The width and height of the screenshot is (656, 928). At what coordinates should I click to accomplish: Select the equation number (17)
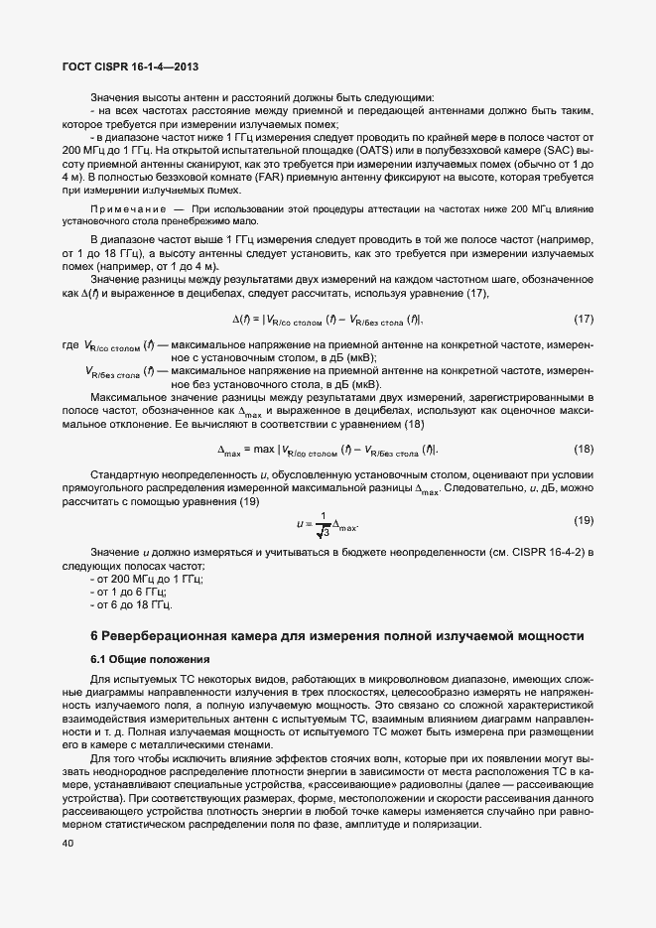[584, 320]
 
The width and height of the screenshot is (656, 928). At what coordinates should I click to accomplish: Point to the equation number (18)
[584, 449]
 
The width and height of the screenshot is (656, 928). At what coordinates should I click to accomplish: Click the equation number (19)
[584, 521]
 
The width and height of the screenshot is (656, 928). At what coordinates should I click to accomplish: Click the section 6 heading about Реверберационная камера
[339, 635]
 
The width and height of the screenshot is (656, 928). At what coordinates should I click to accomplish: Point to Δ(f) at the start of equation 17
[241, 320]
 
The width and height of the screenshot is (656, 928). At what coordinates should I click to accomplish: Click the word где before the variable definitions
[69, 344]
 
